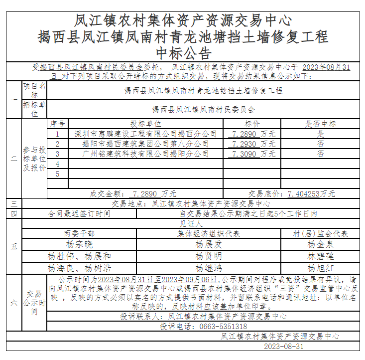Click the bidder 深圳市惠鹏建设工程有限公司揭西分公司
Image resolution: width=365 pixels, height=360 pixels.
[x=145, y=134]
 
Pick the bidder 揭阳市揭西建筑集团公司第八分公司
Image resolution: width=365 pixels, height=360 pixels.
[x=145, y=144]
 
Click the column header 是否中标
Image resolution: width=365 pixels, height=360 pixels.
[x=321, y=124]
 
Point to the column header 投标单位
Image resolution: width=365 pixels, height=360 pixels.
[x=145, y=124]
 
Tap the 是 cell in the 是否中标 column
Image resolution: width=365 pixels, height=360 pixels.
[x=321, y=134]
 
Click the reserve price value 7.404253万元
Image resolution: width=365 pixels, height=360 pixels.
[x=311, y=193]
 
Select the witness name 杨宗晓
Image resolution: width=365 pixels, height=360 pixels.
[x=79, y=244]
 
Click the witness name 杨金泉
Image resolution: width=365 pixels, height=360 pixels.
[x=321, y=244]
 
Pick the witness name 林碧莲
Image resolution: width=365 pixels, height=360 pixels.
[x=321, y=256]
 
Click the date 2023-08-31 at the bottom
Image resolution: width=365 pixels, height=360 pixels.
[x=283, y=346]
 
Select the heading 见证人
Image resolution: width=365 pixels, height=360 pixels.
[x=190, y=224]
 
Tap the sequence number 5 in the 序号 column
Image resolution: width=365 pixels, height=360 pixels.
[x=58, y=174]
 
